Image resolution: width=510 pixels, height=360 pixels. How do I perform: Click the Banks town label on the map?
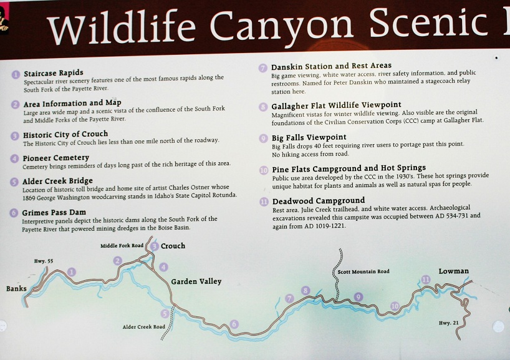(16, 288)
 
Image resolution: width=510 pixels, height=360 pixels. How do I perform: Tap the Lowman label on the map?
(454, 271)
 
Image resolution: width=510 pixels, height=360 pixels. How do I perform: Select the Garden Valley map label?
(196, 281)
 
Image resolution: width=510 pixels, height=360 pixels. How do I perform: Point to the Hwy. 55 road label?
(44, 261)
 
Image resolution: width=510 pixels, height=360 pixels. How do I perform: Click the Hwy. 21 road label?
(448, 323)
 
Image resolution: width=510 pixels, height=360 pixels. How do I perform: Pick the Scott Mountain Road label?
(363, 271)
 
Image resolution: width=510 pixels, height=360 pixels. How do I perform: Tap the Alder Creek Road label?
(144, 327)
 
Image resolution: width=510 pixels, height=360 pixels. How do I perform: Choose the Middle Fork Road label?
(122, 246)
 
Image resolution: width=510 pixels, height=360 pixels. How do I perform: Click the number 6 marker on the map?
(234, 324)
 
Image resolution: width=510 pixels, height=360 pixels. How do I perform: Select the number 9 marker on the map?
(358, 297)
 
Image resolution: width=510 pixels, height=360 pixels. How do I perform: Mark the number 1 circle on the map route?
(72, 272)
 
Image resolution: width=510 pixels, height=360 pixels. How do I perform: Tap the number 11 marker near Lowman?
(426, 280)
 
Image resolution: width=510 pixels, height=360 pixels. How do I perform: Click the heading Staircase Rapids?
(54, 73)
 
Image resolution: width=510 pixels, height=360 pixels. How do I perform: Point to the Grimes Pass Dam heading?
(54, 213)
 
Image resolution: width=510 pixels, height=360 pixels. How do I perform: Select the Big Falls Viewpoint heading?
(309, 137)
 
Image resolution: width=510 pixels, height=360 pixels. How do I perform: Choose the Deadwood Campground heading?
(319, 201)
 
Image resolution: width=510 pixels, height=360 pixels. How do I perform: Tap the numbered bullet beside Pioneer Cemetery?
(14, 158)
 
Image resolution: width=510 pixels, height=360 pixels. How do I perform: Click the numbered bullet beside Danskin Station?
(263, 68)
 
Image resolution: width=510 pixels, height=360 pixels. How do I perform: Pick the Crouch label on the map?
(173, 246)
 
